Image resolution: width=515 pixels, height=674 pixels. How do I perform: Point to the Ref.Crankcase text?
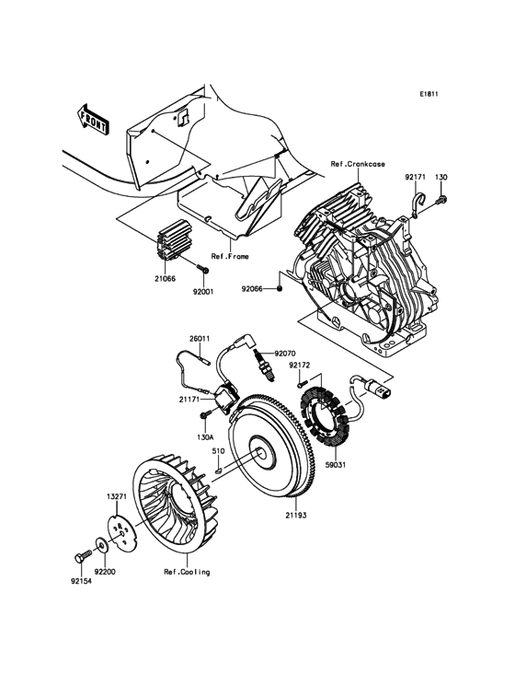pyautogui.click(x=358, y=166)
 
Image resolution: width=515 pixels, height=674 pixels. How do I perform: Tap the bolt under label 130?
pyautogui.click(x=442, y=199)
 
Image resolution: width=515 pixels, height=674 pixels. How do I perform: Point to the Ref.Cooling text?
pyautogui.click(x=187, y=572)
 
